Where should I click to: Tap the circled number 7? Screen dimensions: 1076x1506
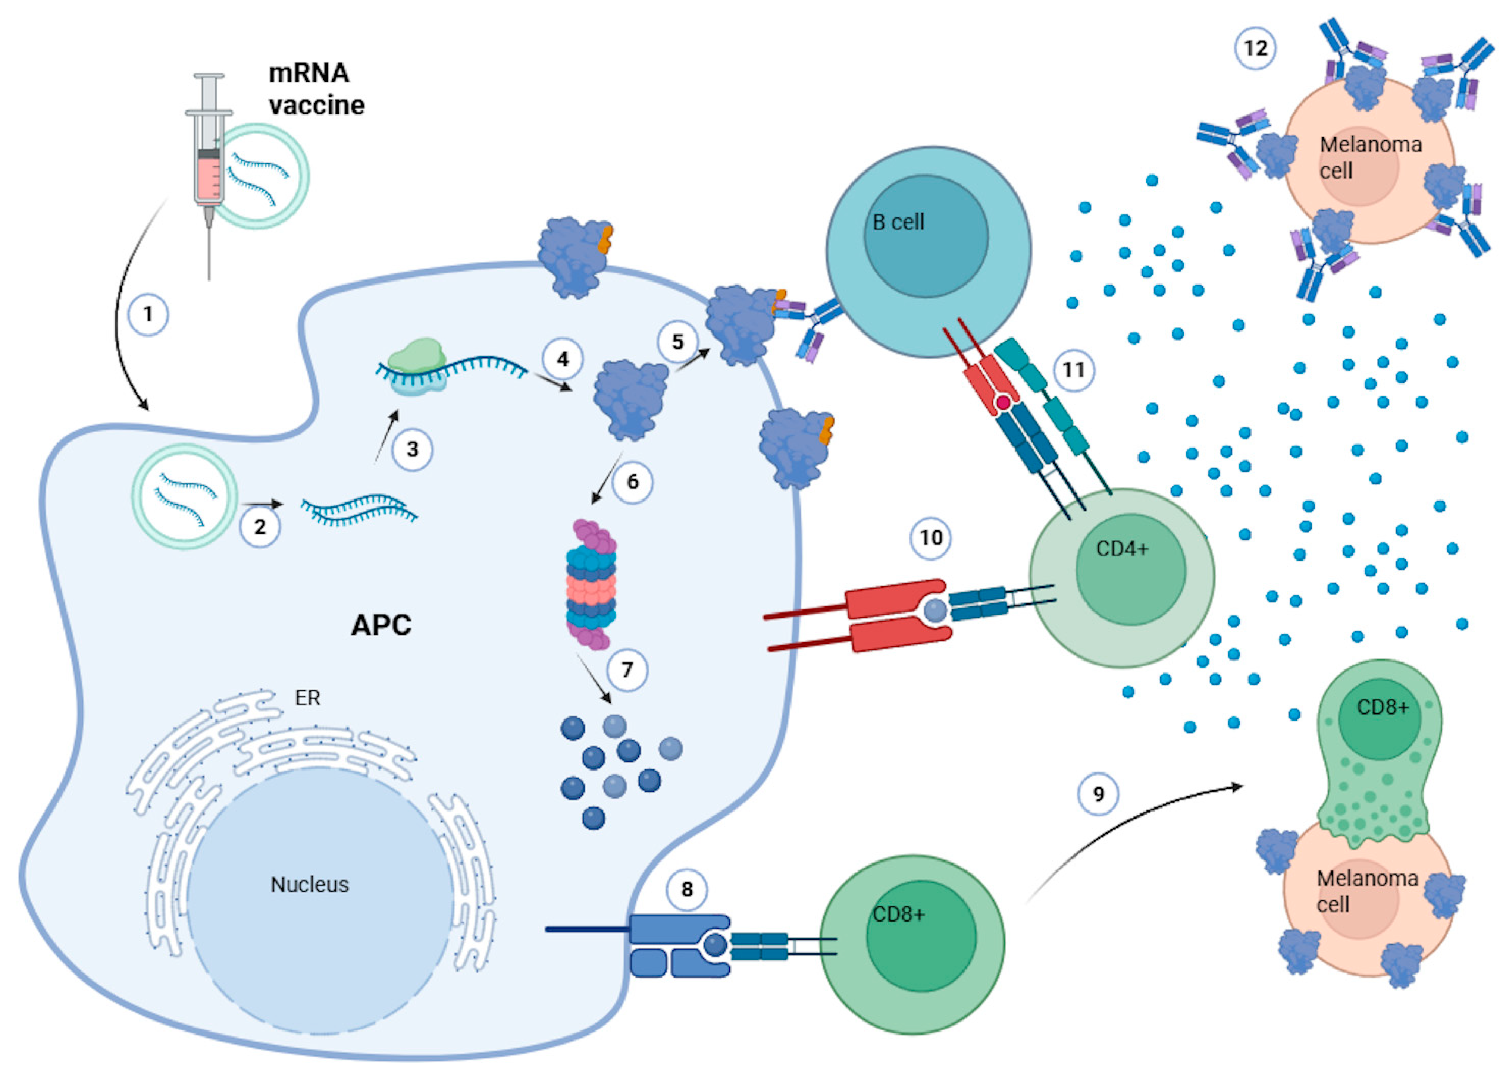tap(627, 670)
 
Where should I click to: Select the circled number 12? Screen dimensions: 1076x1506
tap(1256, 48)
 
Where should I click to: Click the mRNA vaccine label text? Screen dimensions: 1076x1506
tap(316, 89)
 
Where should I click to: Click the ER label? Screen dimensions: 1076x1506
tap(307, 698)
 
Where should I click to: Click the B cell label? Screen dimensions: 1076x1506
tap(898, 223)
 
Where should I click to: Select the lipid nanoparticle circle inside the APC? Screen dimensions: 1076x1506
tap(184, 496)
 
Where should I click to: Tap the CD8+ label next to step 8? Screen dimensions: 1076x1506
tap(898, 915)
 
